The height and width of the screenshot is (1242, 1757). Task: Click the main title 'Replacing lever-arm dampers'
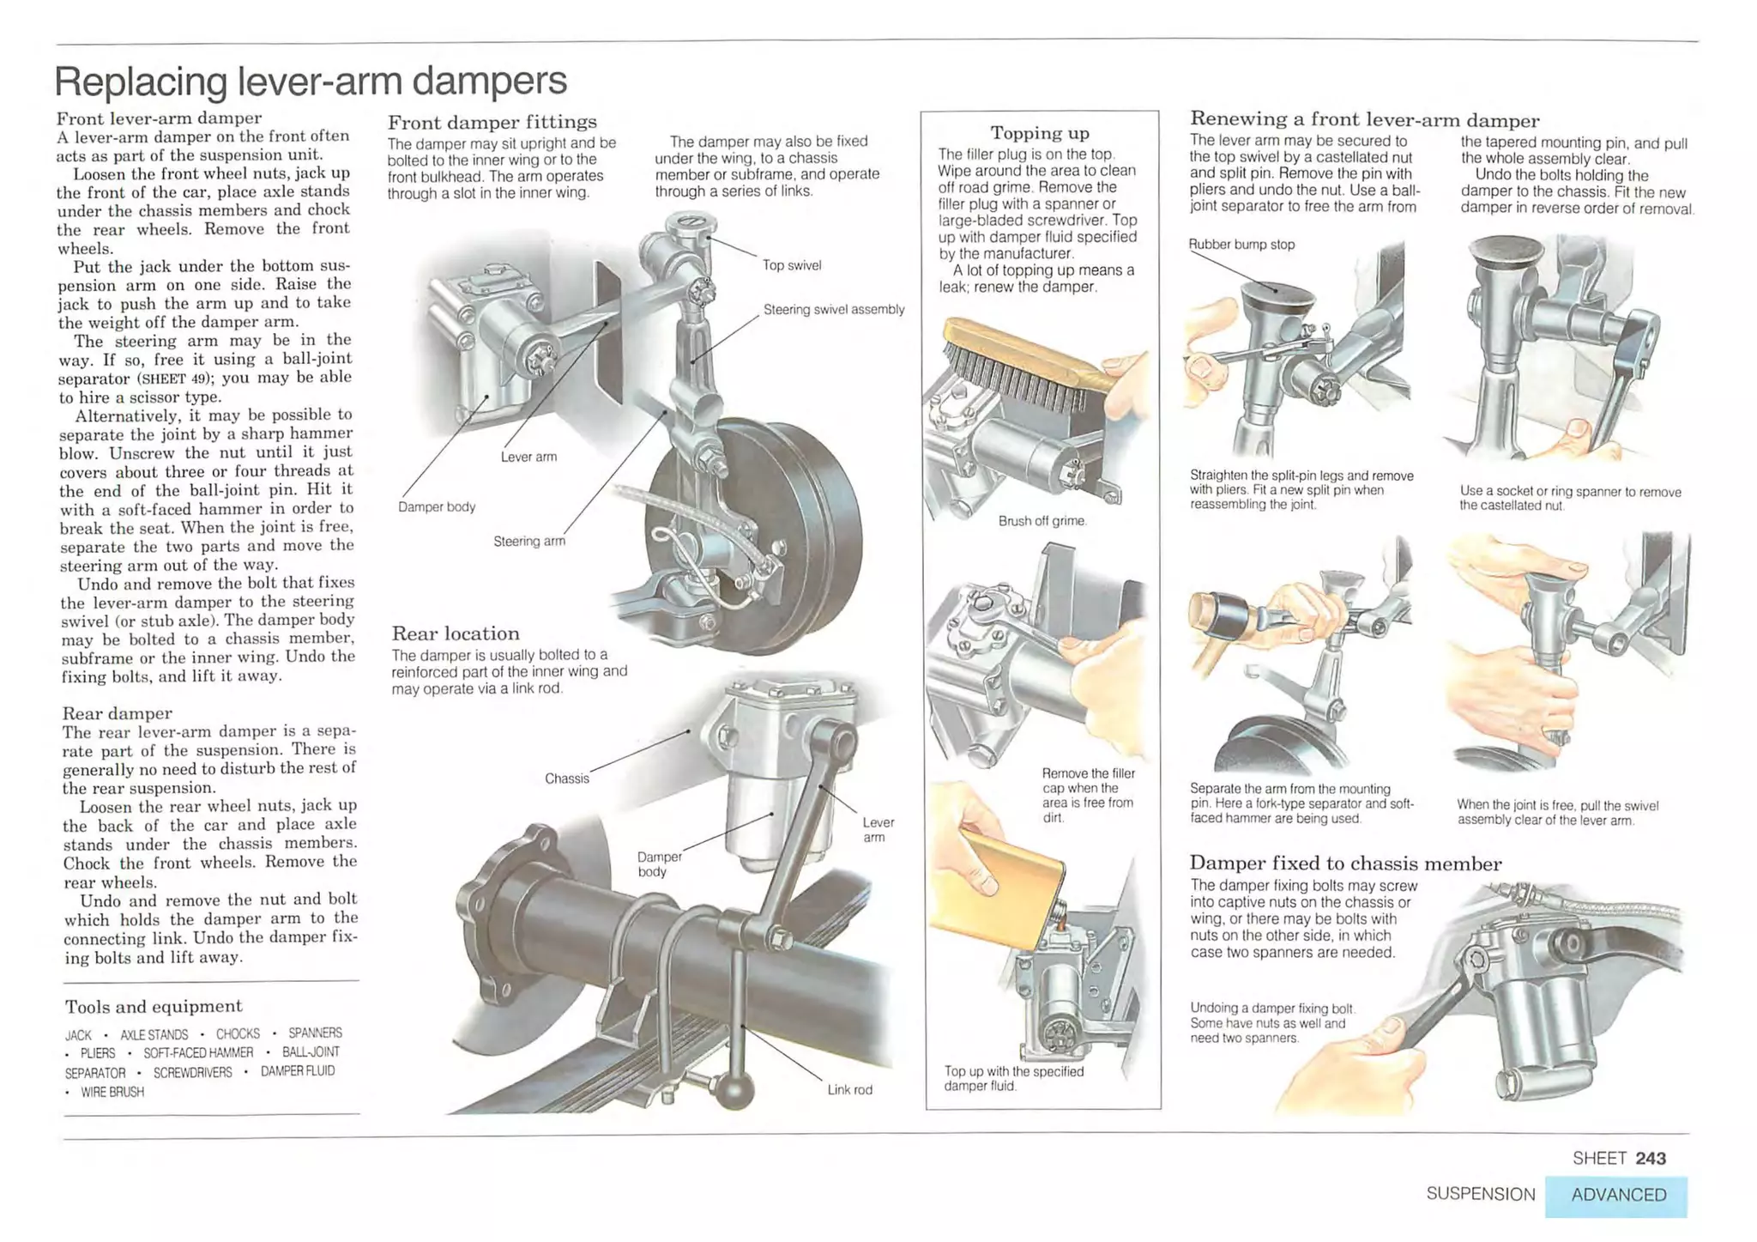coord(311,82)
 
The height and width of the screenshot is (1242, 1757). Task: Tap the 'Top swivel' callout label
coord(791,266)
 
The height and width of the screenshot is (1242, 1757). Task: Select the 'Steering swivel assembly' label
coord(833,310)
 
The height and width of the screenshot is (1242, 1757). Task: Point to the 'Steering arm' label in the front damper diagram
coord(528,542)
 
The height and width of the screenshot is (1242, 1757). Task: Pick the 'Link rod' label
coord(849,1090)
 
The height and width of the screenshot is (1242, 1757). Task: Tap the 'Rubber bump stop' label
coord(1241,245)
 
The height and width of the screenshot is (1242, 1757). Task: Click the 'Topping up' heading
coord(1040,133)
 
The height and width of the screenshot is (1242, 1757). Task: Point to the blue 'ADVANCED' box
coord(1618,1196)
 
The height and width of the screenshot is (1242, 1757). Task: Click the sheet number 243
coord(1650,1159)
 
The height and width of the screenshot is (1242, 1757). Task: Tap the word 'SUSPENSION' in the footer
coord(1480,1195)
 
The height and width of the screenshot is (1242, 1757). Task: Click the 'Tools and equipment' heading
coord(154,1007)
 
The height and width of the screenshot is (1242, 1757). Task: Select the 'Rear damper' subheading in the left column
coord(117,713)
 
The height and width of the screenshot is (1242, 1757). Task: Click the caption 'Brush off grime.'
coord(1042,521)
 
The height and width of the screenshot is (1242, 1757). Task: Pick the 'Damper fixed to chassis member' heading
coord(1345,863)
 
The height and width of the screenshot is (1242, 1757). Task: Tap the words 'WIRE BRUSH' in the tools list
coord(112,1093)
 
